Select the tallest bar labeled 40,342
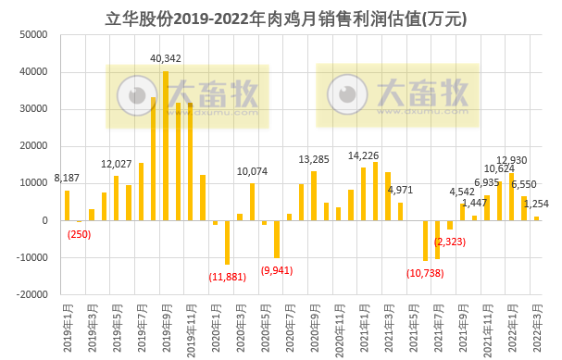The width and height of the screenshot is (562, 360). [166, 145]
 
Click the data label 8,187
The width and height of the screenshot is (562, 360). [68, 178]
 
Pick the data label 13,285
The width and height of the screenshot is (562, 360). [313, 159]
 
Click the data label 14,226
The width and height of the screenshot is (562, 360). [363, 155]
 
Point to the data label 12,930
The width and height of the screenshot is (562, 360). [511, 161]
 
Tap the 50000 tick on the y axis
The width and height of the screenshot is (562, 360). [33, 35]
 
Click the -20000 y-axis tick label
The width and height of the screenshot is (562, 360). [31, 294]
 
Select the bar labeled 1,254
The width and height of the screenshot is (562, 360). [536, 218]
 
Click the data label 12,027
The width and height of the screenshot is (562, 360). [117, 164]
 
